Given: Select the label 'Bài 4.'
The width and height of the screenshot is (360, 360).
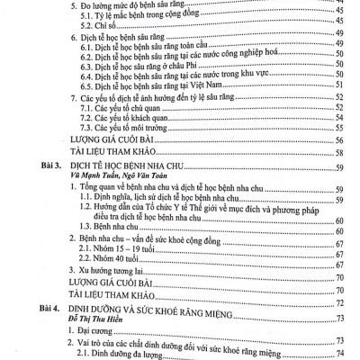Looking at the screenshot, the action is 44,308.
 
